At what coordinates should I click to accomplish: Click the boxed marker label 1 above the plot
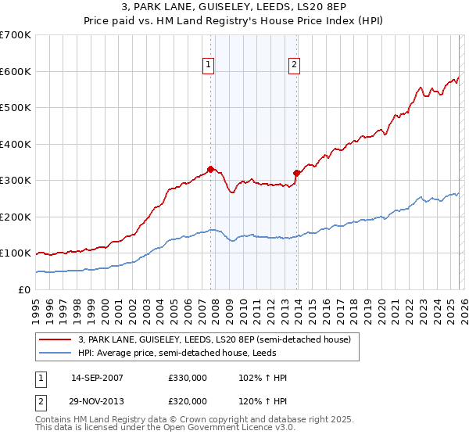point(209,66)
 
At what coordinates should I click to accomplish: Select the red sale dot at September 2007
point(211,169)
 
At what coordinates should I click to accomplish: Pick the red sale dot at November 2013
point(297,173)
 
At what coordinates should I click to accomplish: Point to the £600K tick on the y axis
point(16,71)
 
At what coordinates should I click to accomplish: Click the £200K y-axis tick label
point(16,217)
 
